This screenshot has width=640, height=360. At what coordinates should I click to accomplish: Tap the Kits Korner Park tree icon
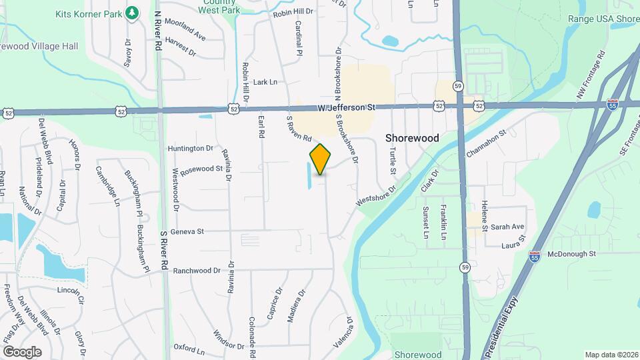click(132, 12)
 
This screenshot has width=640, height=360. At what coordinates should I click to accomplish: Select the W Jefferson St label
click(347, 107)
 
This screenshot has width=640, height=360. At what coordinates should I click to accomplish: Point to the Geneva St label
click(187, 231)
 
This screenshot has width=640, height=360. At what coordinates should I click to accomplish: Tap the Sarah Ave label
click(507, 227)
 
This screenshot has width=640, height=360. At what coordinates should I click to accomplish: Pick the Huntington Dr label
click(191, 148)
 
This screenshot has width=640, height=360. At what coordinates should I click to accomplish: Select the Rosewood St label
click(201, 169)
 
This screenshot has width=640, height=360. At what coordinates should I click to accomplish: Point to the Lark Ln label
click(265, 82)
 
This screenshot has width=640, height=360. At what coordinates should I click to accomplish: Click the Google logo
click(22, 351)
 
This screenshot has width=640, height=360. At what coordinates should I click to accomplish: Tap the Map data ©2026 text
click(611, 355)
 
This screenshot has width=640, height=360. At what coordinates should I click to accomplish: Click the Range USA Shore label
click(603, 19)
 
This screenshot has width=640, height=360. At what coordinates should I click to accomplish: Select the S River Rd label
click(163, 251)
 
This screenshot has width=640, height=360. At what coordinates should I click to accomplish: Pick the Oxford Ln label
click(189, 347)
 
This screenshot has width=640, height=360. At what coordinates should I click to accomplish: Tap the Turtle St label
click(393, 161)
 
